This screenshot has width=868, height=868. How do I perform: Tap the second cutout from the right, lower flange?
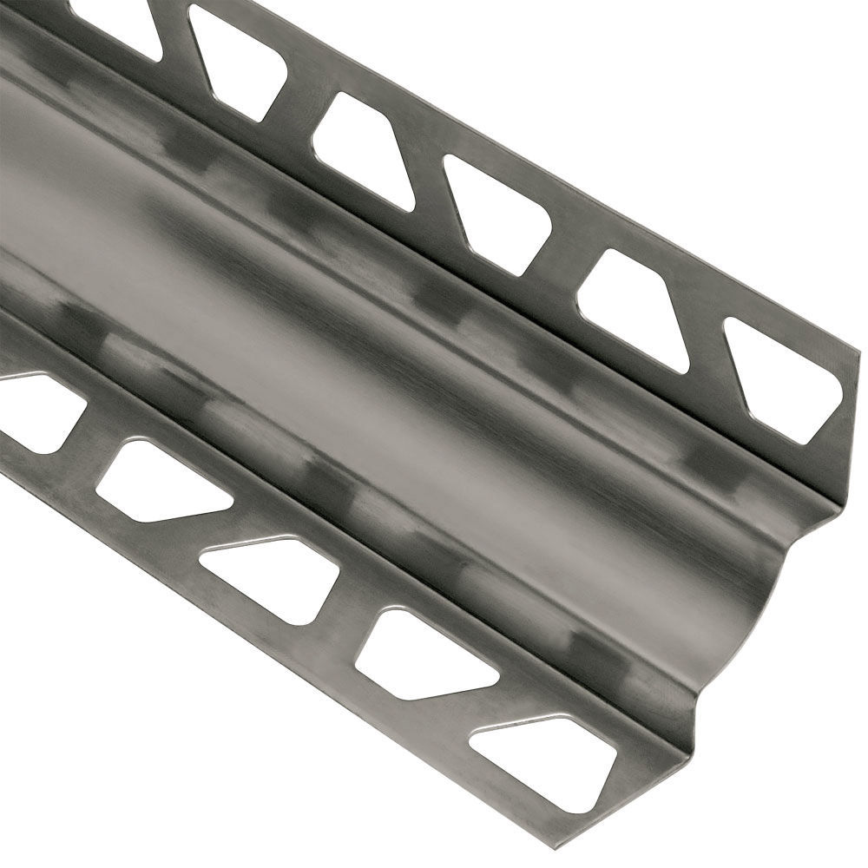pyautogui.click(x=425, y=655)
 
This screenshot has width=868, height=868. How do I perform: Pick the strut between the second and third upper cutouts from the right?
pyautogui.click(x=564, y=260)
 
